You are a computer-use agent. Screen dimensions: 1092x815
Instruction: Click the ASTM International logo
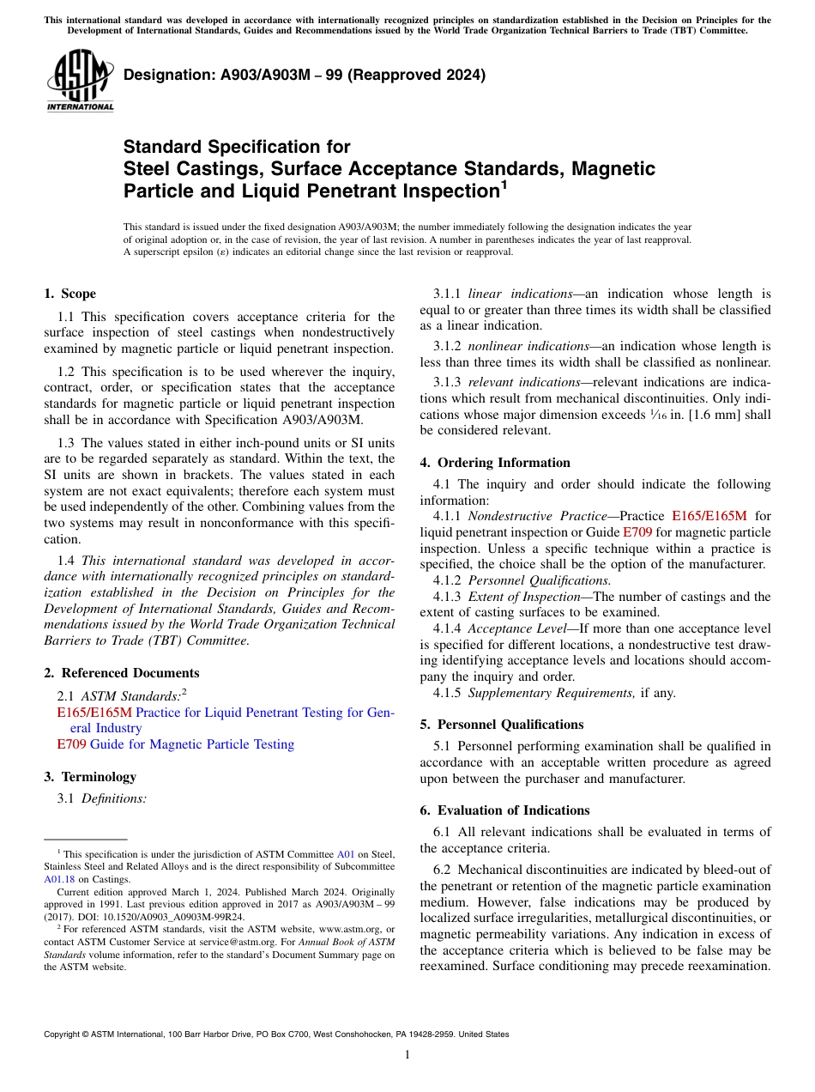point(80,81)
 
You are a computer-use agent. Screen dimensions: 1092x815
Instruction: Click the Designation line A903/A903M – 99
point(305,75)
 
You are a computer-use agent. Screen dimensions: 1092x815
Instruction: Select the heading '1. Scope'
point(69,294)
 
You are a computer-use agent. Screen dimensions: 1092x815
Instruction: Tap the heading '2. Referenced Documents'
point(121,673)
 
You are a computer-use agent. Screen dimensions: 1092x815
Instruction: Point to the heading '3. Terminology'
point(90,777)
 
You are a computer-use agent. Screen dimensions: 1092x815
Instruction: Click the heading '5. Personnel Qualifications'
point(501,725)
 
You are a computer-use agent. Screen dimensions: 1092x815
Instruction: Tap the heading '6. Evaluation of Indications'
point(504,810)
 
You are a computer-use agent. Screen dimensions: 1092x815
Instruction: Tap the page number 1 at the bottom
point(407,1055)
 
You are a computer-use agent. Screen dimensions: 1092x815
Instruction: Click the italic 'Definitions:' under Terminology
point(114,798)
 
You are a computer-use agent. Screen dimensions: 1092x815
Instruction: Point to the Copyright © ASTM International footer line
point(276,1034)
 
